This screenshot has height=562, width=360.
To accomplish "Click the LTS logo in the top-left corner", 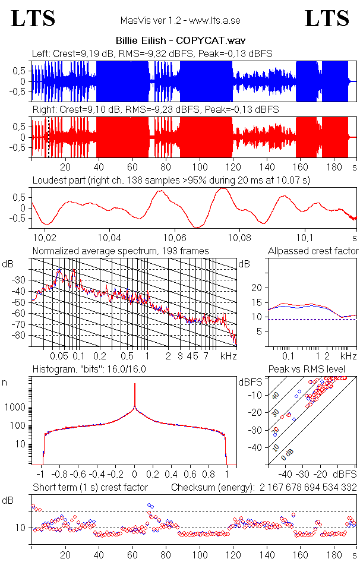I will [33, 18].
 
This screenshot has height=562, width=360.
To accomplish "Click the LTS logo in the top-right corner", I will [327, 18].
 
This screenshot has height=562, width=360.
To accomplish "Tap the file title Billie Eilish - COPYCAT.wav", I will [180, 41].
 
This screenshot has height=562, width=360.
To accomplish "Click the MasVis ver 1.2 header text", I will [179, 21].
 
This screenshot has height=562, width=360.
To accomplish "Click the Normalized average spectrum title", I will [121, 251].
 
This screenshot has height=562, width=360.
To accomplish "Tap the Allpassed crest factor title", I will [313, 251].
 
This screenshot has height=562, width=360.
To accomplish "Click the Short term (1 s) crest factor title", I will [90, 488].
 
